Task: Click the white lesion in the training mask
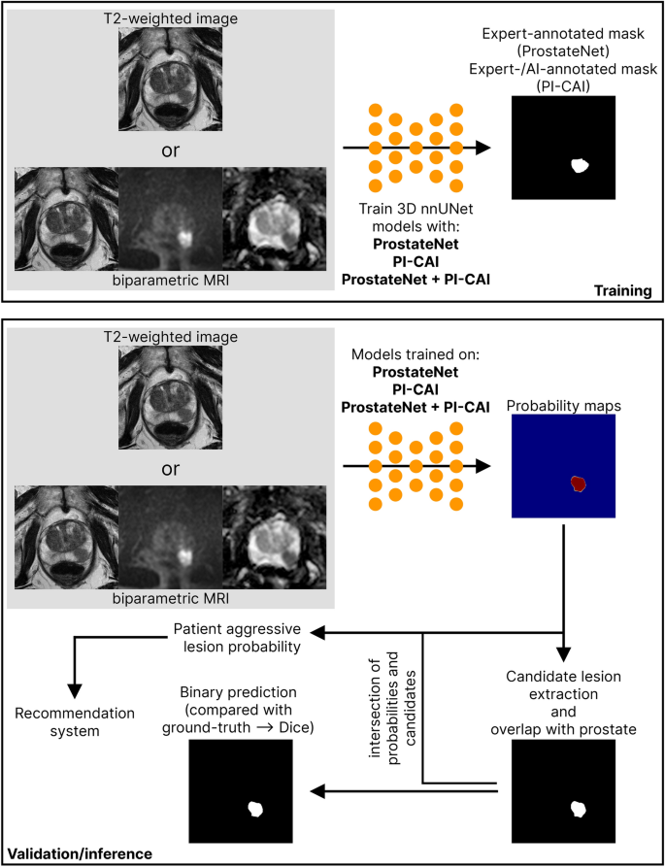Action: pos(581,165)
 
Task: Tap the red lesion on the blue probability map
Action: pos(579,483)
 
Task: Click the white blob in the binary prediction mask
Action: pos(257,808)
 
